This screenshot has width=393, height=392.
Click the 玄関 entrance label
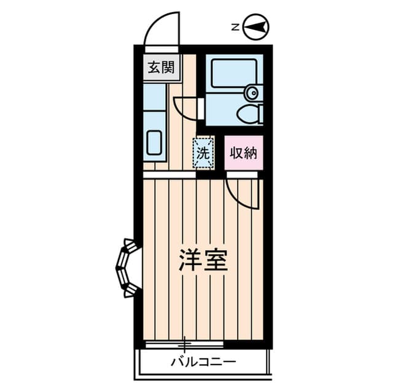tap(161, 67)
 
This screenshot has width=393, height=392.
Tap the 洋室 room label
tap(203, 260)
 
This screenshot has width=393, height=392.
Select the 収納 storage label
tap(244, 153)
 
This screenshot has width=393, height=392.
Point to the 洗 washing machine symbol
tap(203, 153)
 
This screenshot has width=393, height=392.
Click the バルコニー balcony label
tap(203, 362)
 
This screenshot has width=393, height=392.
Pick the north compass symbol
tap(256, 26)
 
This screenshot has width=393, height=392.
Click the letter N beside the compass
tap(235, 27)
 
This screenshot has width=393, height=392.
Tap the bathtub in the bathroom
tap(234, 74)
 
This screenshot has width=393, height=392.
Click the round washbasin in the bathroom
tap(253, 93)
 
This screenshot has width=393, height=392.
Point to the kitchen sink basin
tap(154, 143)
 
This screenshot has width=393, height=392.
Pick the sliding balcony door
tap(184, 344)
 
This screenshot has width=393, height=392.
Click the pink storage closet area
tap(244, 153)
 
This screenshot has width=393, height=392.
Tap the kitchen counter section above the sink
tap(154, 97)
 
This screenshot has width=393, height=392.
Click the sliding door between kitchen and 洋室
tap(169, 174)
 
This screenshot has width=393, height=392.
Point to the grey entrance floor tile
tap(161, 67)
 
